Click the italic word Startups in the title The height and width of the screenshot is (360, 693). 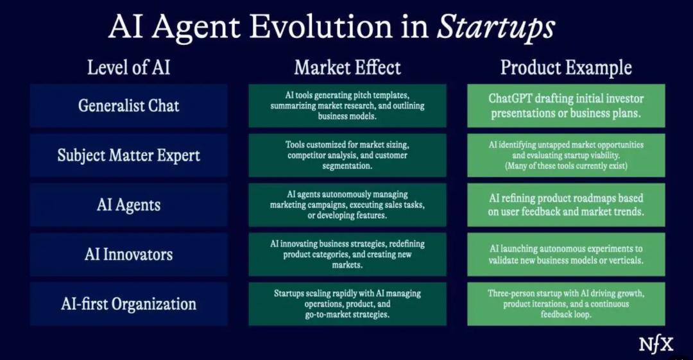(495, 27)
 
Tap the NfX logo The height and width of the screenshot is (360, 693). (656, 345)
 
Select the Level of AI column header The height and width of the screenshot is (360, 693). (128, 67)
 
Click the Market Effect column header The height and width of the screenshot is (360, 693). (347, 67)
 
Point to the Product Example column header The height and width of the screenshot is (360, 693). (566, 67)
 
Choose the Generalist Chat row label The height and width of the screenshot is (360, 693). (128, 106)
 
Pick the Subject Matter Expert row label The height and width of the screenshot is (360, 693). (128, 155)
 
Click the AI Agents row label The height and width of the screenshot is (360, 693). (128, 205)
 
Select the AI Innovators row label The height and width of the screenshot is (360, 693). (128, 254)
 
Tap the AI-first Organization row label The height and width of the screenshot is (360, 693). (128, 304)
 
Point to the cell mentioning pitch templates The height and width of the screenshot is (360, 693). (347, 106)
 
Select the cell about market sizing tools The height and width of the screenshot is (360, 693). (347, 155)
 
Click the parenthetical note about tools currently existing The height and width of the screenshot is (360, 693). (566, 166)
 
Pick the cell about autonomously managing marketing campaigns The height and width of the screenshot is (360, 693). (347, 205)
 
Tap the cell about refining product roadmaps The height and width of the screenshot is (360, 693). (566, 205)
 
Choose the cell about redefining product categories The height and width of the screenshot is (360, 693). (347, 254)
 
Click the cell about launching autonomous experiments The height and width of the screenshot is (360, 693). (566, 254)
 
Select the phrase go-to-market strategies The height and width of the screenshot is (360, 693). (347, 314)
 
